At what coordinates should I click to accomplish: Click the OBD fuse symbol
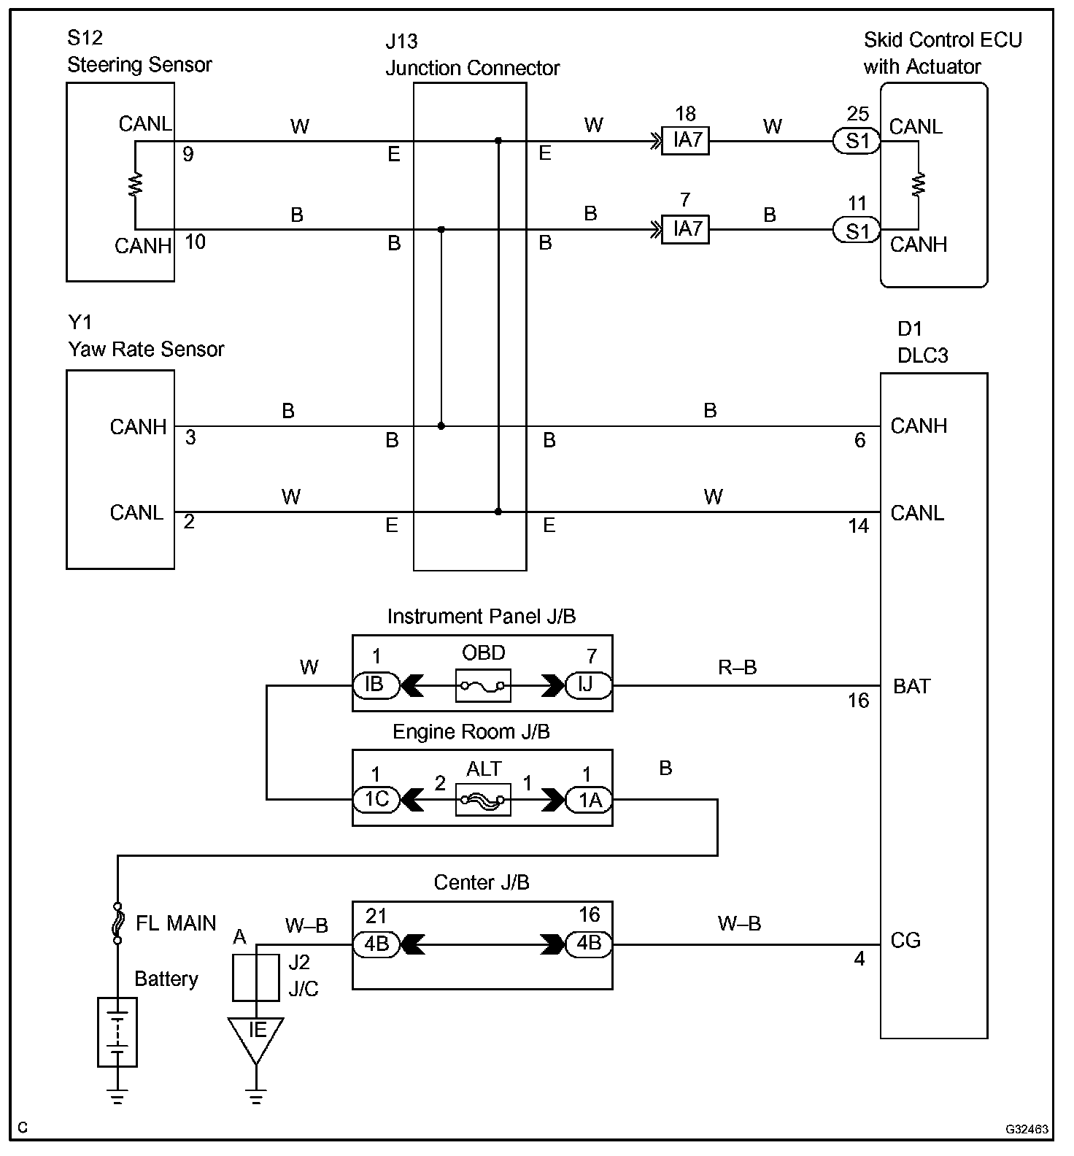click(483, 686)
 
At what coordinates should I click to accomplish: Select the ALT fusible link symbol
click(483, 801)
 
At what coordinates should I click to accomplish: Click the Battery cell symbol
click(117, 1031)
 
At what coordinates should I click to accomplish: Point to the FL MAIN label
click(176, 923)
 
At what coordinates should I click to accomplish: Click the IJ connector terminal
click(588, 685)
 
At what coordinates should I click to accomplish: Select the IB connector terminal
click(376, 685)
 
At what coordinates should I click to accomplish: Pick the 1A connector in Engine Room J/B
click(589, 800)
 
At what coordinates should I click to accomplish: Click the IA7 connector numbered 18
click(685, 140)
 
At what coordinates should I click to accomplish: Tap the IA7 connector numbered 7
click(685, 229)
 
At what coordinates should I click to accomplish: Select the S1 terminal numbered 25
click(857, 141)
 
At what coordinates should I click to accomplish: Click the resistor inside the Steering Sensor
click(136, 185)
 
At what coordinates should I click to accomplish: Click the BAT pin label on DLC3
click(911, 686)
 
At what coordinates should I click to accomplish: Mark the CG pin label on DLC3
click(905, 940)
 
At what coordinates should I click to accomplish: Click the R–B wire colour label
click(737, 667)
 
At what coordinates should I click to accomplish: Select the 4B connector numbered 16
click(589, 944)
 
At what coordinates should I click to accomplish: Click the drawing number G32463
click(1027, 1129)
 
